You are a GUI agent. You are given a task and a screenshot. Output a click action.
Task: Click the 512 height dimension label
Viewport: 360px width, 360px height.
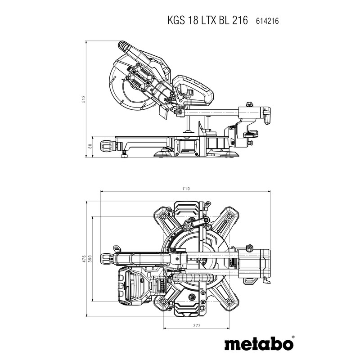84,99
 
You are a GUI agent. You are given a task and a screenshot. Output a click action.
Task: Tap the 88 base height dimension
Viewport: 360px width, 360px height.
90,146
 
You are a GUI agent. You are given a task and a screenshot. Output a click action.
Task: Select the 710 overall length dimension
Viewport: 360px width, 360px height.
186,189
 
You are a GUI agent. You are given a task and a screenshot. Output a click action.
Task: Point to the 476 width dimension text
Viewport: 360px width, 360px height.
84,259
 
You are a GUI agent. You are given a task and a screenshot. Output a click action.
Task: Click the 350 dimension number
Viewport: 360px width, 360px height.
90,259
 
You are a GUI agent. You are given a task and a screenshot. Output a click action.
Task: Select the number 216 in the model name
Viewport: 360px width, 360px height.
239,20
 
